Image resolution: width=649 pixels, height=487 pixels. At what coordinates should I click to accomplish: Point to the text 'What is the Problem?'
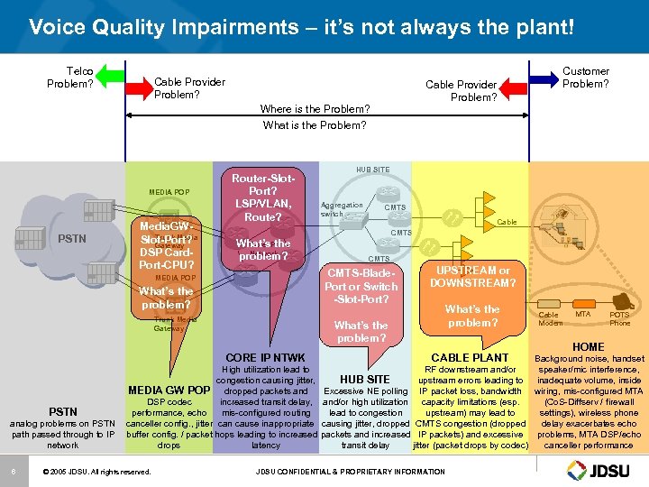315,125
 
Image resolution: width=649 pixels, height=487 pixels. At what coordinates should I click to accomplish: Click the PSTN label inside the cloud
73,239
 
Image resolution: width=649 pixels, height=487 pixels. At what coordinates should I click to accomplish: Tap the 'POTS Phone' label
619,318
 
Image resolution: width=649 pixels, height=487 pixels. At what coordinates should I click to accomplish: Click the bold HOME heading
589,346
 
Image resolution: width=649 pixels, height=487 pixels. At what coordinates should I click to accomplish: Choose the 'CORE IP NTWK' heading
265,358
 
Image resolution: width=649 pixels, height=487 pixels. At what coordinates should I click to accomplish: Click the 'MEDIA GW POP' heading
169,390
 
